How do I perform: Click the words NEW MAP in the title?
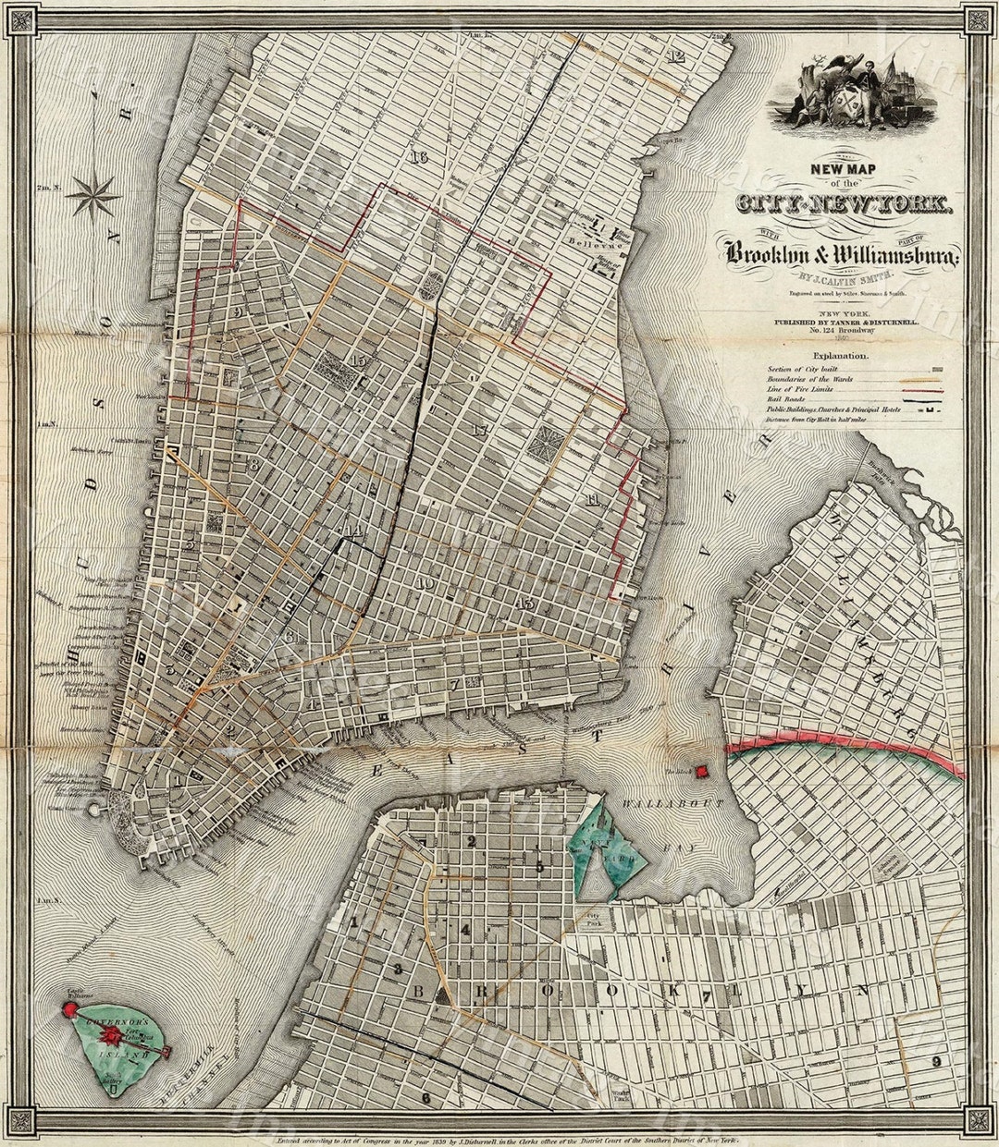[x=845, y=169]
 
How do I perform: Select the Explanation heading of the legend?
[x=840, y=355]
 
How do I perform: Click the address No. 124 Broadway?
[x=840, y=330]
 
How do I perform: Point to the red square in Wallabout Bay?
[x=727, y=770]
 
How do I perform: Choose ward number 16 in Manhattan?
[x=420, y=156]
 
